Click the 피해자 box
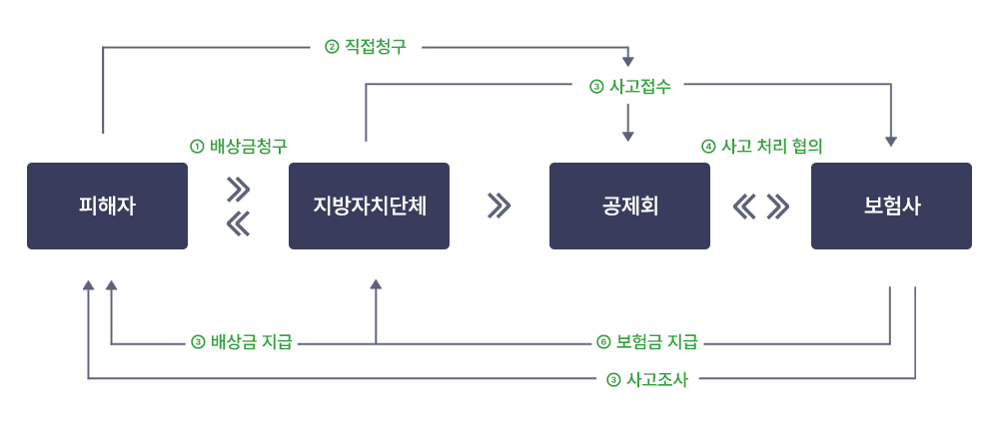pyautogui.click(x=107, y=206)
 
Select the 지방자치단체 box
pyautogui.click(x=369, y=206)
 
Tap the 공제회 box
pyautogui.click(x=629, y=206)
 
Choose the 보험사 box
pyautogui.click(x=891, y=206)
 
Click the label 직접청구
pyautogui.click(x=376, y=47)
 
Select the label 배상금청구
pyautogui.click(x=250, y=146)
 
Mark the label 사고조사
pyautogui.click(x=656, y=380)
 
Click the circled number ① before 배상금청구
pyautogui.click(x=197, y=146)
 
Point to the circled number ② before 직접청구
pyautogui.click(x=332, y=47)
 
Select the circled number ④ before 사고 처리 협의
pyautogui.click(x=708, y=146)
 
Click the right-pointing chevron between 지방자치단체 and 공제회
pyautogui.click(x=499, y=206)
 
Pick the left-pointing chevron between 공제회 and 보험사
pyautogui.click(x=743, y=206)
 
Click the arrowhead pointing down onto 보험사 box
pyautogui.click(x=891, y=142)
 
